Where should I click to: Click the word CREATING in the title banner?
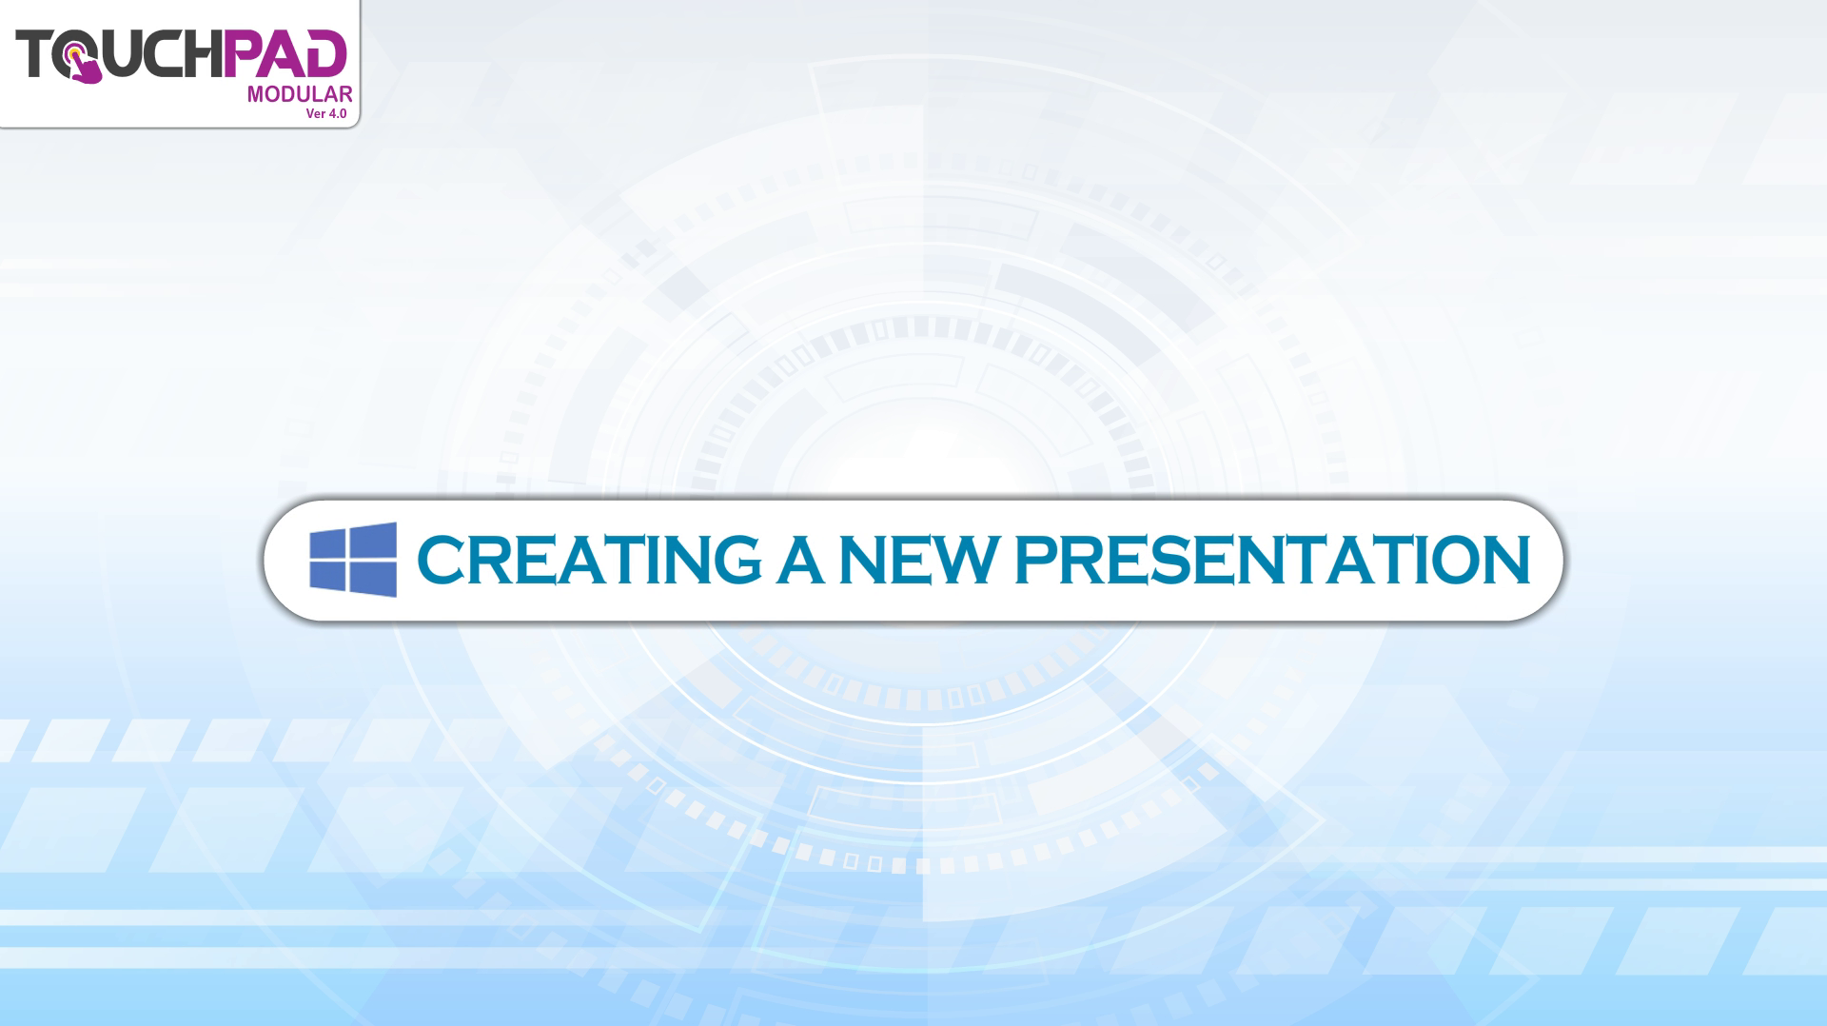(589, 560)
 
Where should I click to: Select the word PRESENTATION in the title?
(1272, 560)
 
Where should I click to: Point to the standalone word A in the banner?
(800, 560)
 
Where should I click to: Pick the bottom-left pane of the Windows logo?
(327, 577)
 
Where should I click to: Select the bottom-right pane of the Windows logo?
(373, 580)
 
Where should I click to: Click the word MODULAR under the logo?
(300, 94)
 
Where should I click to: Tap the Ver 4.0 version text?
(326, 113)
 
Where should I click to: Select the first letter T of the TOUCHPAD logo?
(33, 53)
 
